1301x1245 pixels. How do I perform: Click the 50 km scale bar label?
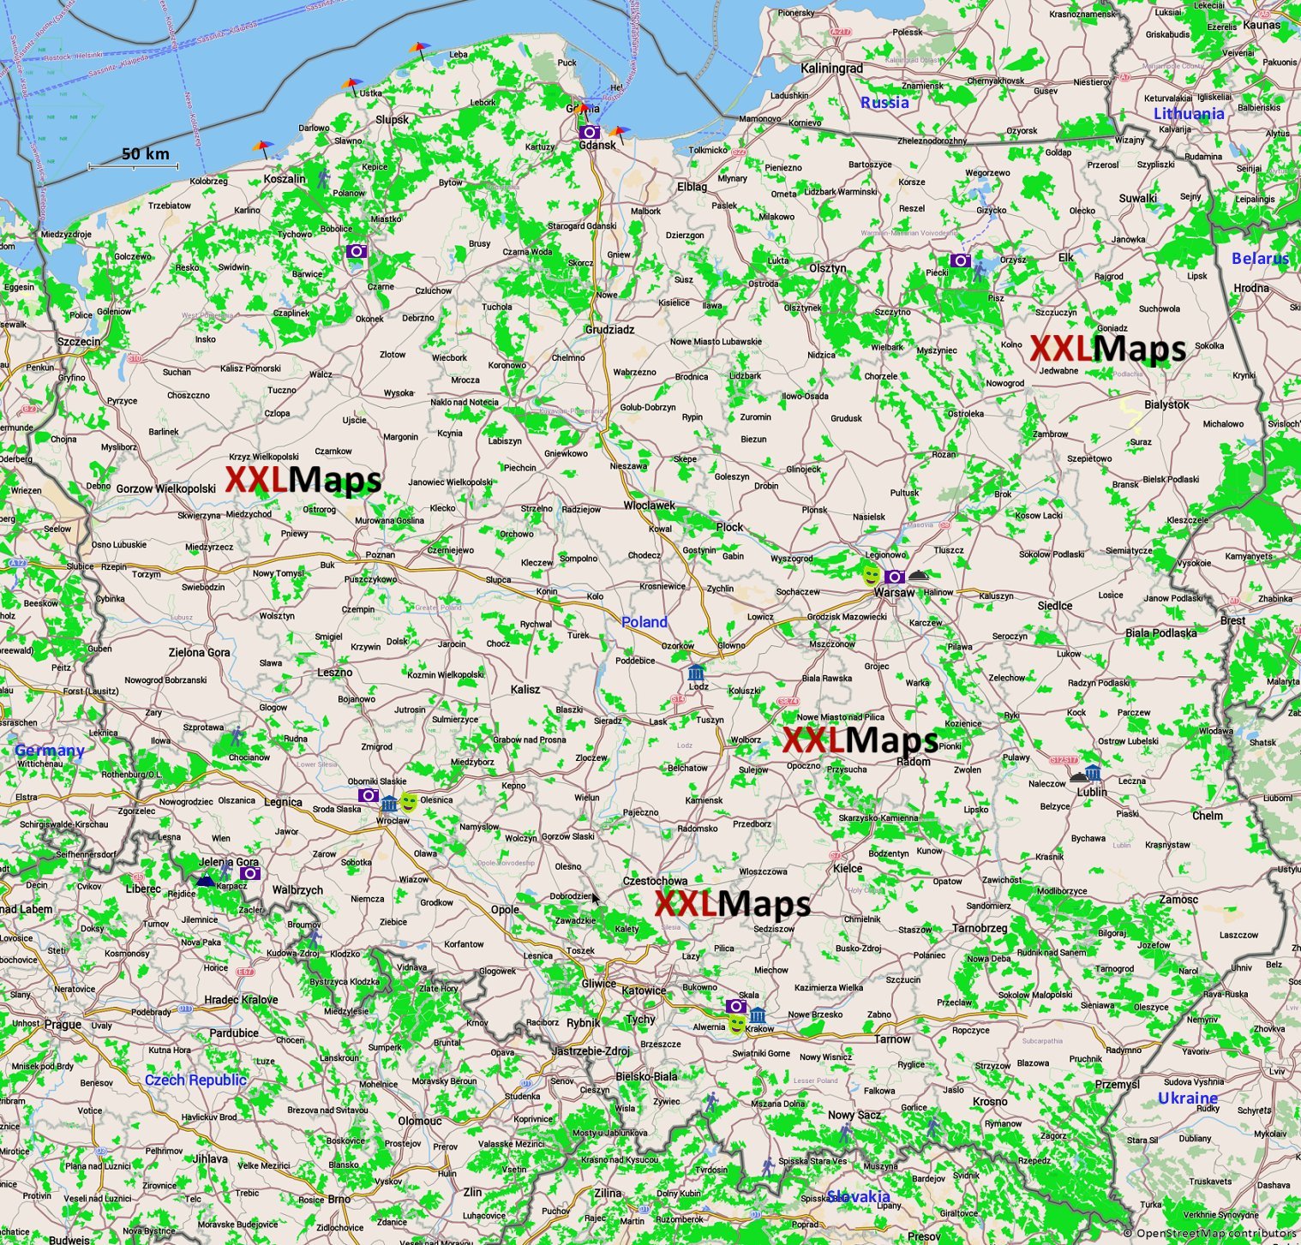point(145,154)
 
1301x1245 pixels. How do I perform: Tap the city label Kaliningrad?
point(831,68)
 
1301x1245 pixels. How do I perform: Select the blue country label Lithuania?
point(1188,114)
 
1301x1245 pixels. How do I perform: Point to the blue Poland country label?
point(644,622)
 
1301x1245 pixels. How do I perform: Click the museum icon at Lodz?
point(697,671)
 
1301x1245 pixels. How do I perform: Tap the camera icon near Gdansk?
point(589,132)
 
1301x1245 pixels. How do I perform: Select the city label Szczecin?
point(79,342)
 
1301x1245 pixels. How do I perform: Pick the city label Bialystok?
point(1166,404)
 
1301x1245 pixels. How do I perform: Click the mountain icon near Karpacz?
point(205,879)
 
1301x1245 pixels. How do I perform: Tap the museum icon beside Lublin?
point(1092,773)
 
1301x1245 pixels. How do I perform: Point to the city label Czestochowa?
point(655,881)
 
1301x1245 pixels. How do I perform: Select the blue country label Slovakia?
point(858,1196)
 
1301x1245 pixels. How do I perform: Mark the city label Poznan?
point(380,554)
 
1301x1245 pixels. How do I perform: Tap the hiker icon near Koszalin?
point(323,179)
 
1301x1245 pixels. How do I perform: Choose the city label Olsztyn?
point(827,268)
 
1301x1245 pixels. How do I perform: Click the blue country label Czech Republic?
point(195,1080)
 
